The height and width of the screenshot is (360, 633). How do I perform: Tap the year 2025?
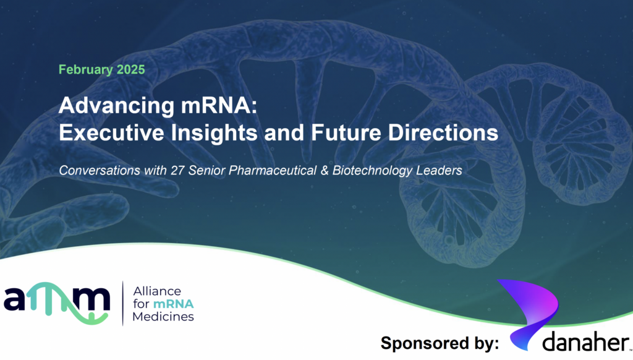(131, 69)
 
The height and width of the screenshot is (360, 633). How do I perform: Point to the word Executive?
(111, 132)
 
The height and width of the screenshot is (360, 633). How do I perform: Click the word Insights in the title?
(215, 134)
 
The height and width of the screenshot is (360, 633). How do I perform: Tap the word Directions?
(443, 132)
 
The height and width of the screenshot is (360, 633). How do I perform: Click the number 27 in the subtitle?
(177, 171)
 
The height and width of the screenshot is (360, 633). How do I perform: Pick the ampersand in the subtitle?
(325, 171)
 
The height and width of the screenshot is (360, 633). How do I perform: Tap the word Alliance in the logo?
(157, 291)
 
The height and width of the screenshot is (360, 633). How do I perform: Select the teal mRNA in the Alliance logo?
(174, 304)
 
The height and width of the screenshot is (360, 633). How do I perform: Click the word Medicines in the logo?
(163, 316)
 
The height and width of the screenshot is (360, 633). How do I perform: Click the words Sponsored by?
(440, 343)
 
